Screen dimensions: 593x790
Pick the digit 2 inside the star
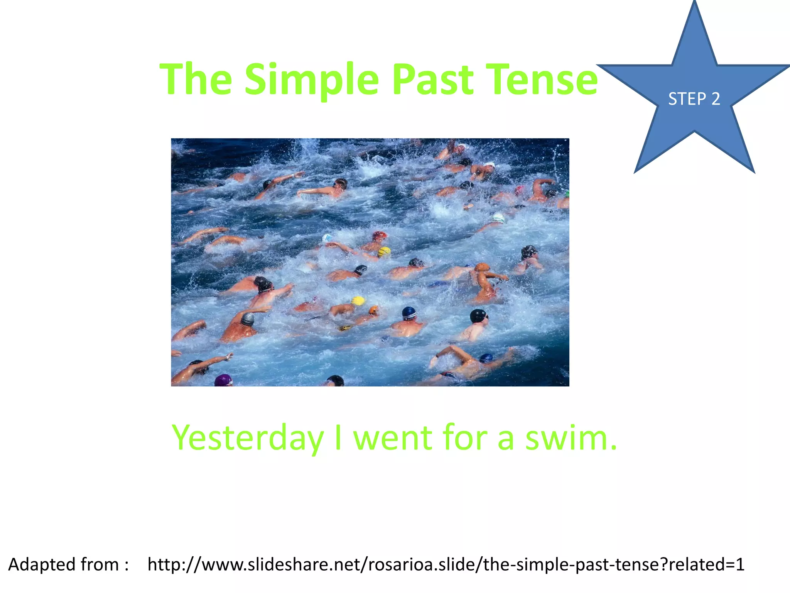tap(716, 99)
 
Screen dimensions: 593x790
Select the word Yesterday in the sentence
tap(247, 438)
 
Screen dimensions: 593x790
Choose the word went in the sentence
tap(393, 438)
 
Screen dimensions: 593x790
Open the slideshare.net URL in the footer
tap(446, 565)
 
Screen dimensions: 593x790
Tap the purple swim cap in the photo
tap(223, 380)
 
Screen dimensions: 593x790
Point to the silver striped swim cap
tap(248, 319)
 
